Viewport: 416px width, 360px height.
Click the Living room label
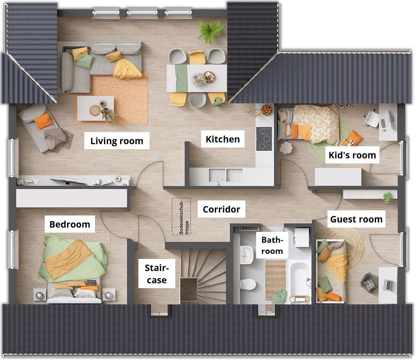pyautogui.click(x=117, y=141)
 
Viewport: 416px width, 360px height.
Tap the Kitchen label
pyautogui.click(x=223, y=139)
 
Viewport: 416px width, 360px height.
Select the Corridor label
pyautogui.click(x=221, y=209)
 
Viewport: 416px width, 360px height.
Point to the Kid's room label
pyautogui.click(x=352, y=155)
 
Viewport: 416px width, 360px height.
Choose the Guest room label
pyautogui.click(x=356, y=219)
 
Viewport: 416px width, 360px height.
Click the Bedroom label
pyautogui.click(x=70, y=225)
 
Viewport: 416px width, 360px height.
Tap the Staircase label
pyautogui.click(x=157, y=274)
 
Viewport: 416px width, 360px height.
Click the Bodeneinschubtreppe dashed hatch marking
pyautogui.click(x=181, y=216)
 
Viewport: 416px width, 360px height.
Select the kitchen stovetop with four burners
pyautogui.click(x=264, y=139)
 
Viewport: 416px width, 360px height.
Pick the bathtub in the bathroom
pyautogui.click(x=299, y=279)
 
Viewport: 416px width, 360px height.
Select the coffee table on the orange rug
pyautogui.click(x=95, y=108)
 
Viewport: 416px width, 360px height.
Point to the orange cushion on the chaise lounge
pyautogui.click(x=43, y=121)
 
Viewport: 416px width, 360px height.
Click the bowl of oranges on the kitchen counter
pyautogui.click(x=266, y=110)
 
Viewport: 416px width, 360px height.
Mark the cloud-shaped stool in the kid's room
pyautogui.click(x=285, y=148)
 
